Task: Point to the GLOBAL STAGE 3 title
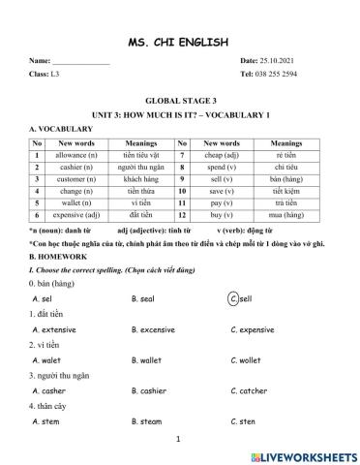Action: pos(179,101)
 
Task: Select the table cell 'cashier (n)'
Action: pos(77,167)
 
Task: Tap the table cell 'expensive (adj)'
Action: pos(77,214)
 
